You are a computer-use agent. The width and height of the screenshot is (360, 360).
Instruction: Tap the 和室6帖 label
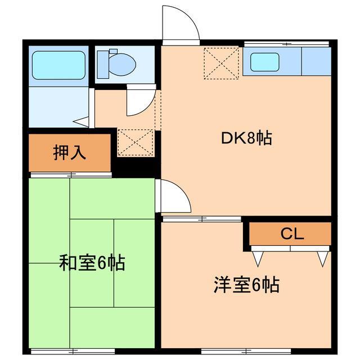(92, 262)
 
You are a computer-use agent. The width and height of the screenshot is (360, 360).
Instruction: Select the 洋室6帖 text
(246, 285)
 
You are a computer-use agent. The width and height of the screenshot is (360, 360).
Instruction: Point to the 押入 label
(69, 153)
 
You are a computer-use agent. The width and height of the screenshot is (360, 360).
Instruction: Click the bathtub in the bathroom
(58, 65)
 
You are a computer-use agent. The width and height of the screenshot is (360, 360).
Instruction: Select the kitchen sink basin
(264, 62)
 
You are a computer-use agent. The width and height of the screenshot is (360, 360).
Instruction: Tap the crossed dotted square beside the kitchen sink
(221, 62)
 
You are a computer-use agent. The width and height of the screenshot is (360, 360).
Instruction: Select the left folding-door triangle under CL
(259, 258)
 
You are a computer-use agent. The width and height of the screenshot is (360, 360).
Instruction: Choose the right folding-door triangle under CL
(322, 258)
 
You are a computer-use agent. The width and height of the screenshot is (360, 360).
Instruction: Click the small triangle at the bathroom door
(82, 120)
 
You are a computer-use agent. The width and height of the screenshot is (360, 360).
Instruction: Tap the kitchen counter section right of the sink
(316, 62)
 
